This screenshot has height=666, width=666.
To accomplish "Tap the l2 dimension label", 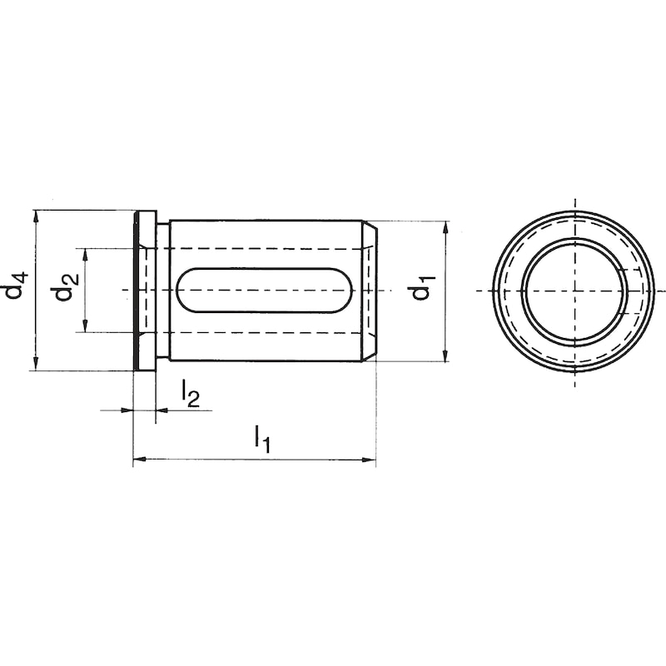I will [190, 393].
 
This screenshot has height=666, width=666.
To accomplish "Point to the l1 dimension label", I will [263, 438].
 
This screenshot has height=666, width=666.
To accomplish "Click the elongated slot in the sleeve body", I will [265, 291].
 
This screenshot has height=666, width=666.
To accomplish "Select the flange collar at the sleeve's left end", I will [144, 291].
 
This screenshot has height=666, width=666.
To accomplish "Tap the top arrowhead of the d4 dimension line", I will [36, 216].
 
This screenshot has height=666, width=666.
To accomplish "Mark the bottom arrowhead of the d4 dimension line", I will [36, 364].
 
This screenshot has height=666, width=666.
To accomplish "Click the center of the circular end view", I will [574, 291].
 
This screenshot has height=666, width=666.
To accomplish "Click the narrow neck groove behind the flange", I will [163, 291].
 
